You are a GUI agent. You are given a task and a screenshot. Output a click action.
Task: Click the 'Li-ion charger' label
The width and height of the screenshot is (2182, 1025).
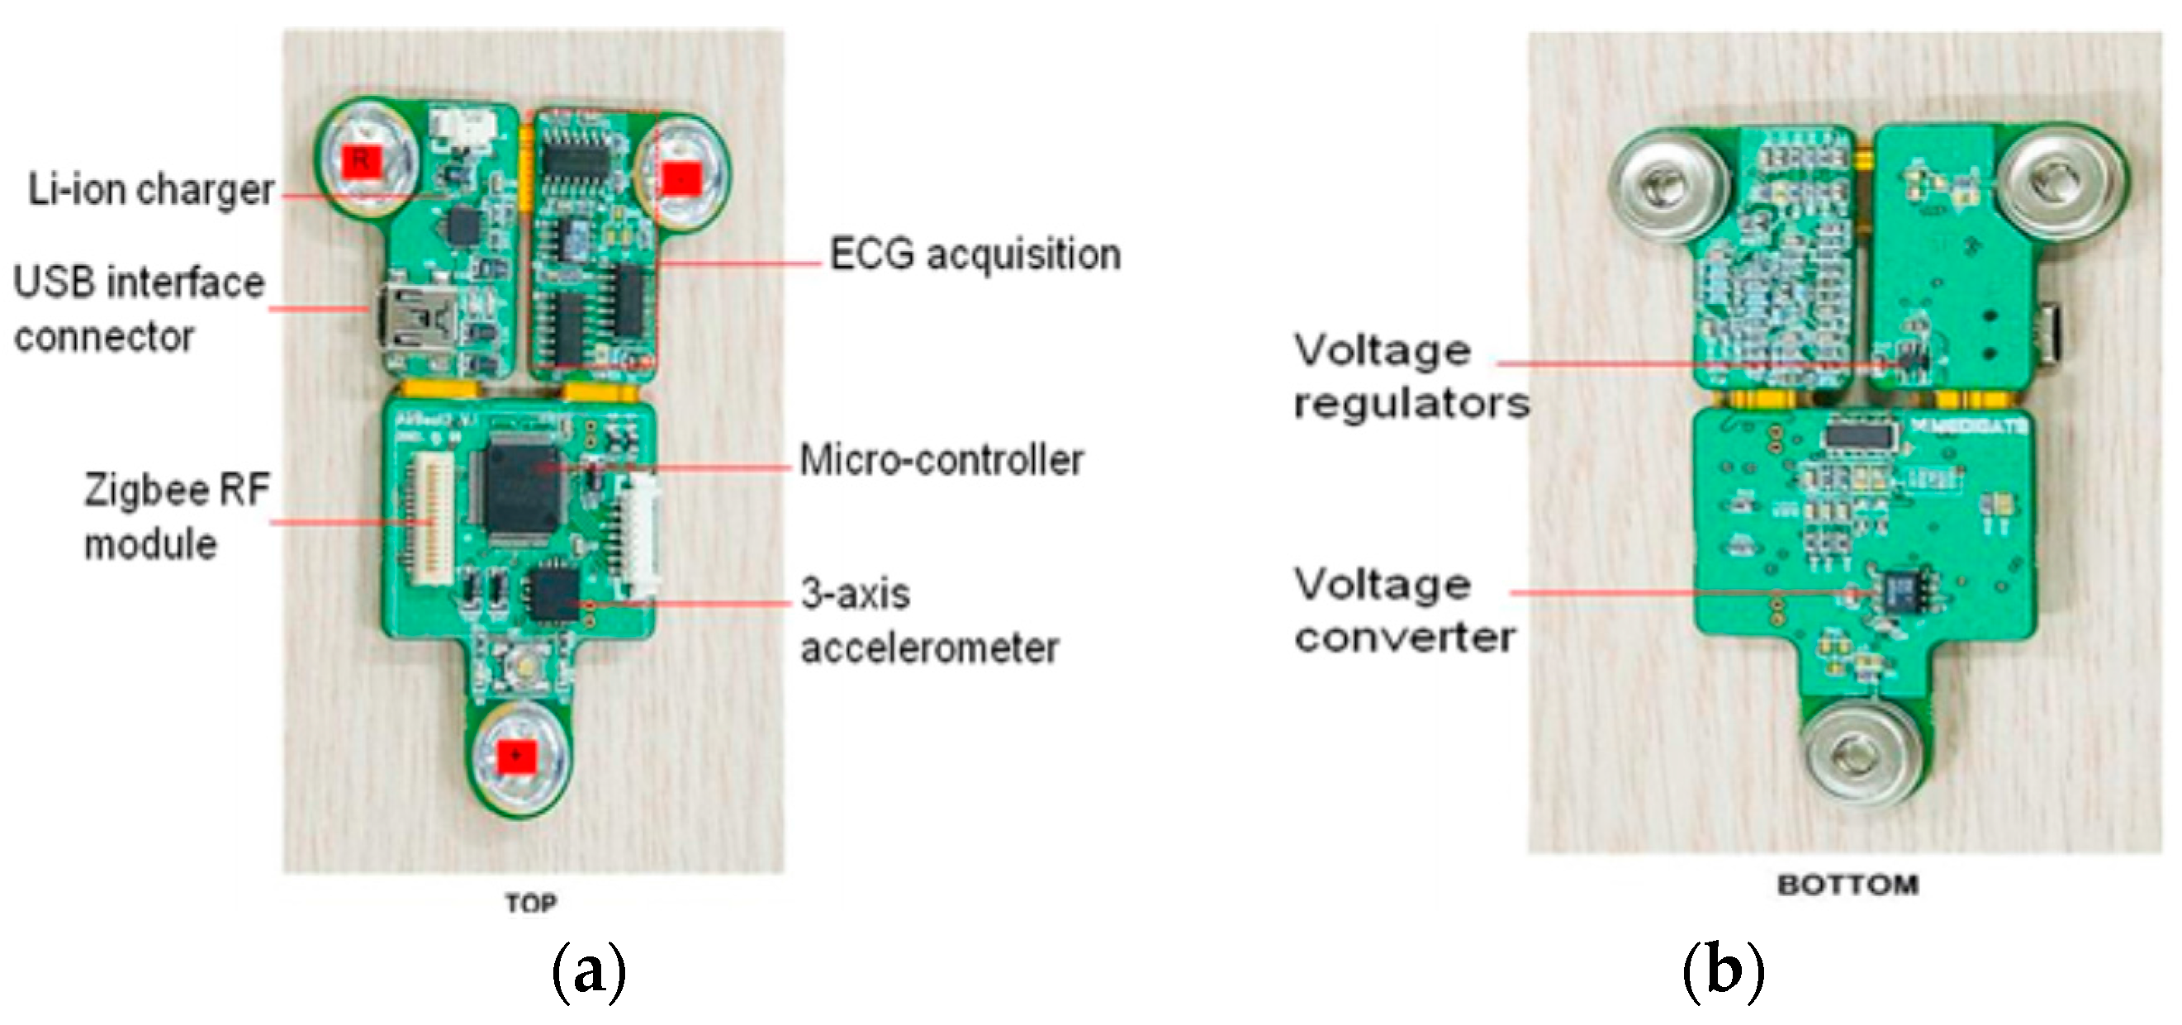click(151, 190)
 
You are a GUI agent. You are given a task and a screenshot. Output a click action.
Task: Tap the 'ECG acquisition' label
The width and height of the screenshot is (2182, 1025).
click(974, 254)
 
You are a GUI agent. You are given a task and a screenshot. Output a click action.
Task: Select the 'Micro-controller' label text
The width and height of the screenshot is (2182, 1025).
click(941, 461)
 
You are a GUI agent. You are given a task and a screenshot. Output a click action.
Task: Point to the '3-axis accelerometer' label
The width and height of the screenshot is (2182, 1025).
click(929, 621)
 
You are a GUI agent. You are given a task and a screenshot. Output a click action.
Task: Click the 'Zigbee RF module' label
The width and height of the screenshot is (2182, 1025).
click(176, 517)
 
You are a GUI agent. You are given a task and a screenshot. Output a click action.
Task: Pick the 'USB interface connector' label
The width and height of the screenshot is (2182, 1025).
click(139, 309)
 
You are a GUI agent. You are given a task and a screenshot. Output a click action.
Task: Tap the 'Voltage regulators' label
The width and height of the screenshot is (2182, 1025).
click(1411, 377)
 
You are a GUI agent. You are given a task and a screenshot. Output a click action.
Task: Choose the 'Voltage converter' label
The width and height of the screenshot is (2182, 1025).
click(1404, 610)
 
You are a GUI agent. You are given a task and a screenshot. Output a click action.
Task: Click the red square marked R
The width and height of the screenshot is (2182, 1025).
click(361, 160)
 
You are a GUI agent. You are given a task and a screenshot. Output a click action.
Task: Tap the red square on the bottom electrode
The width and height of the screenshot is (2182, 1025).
click(516, 755)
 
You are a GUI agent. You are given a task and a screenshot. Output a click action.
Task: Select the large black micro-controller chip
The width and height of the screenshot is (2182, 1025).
click(519, 489)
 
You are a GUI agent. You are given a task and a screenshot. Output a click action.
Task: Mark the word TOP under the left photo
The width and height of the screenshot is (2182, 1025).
click(531, 903)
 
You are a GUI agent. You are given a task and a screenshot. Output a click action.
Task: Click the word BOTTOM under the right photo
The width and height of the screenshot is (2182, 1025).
click(1848, 885)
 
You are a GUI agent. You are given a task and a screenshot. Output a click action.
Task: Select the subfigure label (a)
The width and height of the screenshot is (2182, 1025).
click(589, 971)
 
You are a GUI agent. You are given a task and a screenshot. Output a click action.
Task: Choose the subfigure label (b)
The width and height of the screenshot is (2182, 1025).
click(1723, 971)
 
